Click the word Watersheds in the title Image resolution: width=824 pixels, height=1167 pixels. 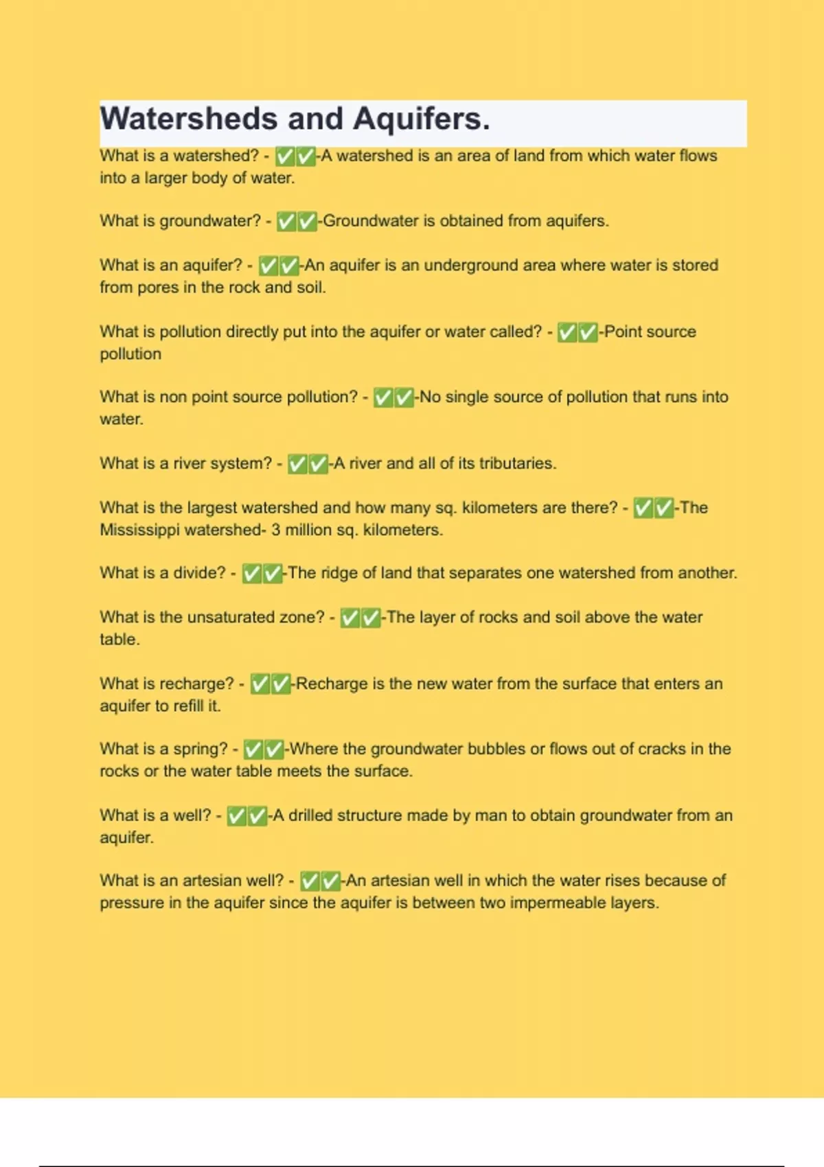(188, 119)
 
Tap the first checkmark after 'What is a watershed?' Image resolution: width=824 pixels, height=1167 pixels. (284, 157)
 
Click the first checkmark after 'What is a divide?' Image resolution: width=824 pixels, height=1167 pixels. (253, 574)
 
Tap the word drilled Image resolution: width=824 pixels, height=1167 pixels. (310, 816)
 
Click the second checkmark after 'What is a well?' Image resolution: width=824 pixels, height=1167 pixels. (257, 816)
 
